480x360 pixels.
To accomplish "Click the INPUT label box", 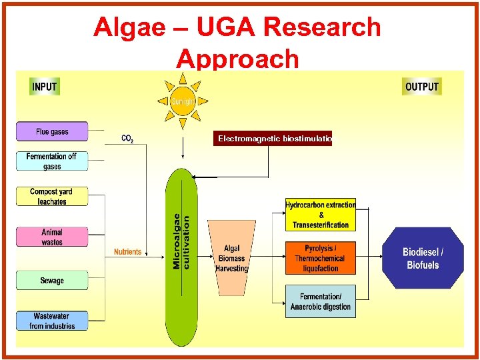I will [45, 87].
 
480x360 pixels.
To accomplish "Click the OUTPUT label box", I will [422, 87].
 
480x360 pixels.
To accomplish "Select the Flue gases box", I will [52, 131].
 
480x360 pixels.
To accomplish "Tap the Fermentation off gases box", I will [52, 161].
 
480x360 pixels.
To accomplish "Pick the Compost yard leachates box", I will [52, 197].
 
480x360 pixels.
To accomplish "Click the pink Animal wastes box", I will [52, 237].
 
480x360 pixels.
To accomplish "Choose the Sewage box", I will [52, 281].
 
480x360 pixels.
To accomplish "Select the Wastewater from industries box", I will [52, 321].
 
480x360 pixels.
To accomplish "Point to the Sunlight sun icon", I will [183, 101].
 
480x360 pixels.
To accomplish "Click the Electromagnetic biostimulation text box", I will [273, 139].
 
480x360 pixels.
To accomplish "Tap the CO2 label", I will [127, 139].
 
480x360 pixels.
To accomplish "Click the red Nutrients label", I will [127, 252].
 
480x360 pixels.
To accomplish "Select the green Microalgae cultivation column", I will [181, 257].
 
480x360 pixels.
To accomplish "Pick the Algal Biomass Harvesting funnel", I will [231, 257].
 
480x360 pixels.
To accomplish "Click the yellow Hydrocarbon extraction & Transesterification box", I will [321, 215].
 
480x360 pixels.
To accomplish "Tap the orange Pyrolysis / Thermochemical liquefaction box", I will [321, 258].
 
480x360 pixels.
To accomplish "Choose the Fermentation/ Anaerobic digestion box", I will [321, 302].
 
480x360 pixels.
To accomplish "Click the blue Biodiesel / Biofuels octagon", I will [423, 258].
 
